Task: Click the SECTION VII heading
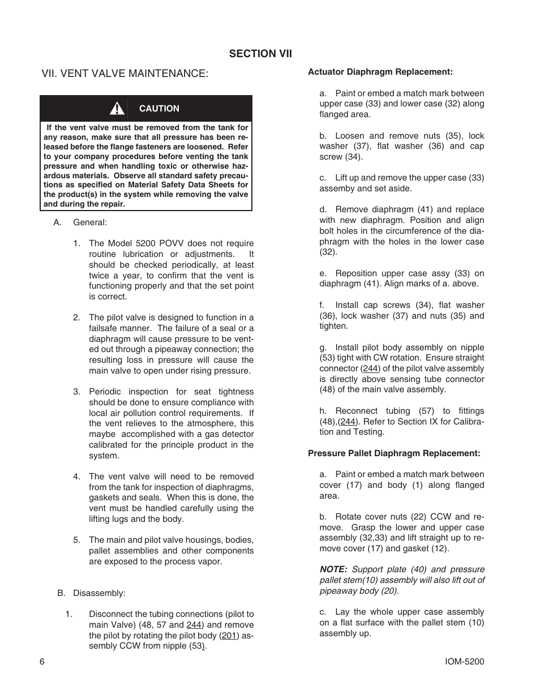click(x=260, y=54)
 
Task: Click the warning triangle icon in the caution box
click(x=117, y=108)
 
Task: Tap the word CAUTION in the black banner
click(x=159, y=109)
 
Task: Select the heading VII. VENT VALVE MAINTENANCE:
click(x=125, y=74)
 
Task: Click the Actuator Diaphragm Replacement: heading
click(x=380, y=72)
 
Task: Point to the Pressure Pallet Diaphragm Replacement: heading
click(x=394, y=453)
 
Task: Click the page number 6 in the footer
click(x=42, y=662)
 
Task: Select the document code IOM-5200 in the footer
click(x=465, y=662)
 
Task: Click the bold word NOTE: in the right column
click(x=333, y=569)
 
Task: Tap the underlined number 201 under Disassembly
click(x=229, y=636)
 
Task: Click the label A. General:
click(x=80, y=222)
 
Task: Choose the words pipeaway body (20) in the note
click(x=358, y=591)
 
